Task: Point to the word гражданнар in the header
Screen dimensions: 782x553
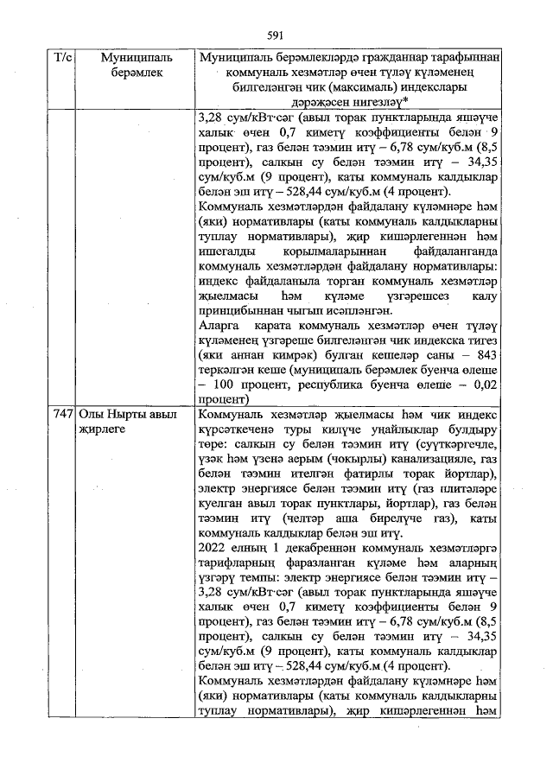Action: coord(384,58)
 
